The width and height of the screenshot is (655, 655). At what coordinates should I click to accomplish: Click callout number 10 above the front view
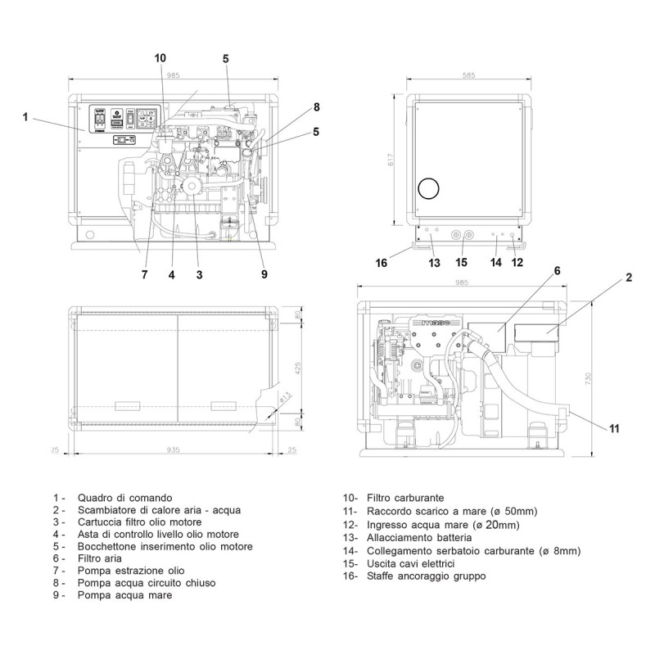pyautogui.click(x=160, y=57)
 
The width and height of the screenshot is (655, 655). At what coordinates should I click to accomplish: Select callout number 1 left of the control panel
pyautogui.click(x=25, y=117)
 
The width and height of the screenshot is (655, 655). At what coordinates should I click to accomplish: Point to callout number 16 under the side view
pyautogui.click(x=382, y=263)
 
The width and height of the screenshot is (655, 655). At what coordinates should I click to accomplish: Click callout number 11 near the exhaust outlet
pyautogui.click(x=615, y=427)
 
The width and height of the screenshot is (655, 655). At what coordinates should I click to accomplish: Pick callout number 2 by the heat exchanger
pyautogui.click(x=629, y=278)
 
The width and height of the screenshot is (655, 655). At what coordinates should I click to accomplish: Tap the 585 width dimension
pyautogui.click(x=468, y=76)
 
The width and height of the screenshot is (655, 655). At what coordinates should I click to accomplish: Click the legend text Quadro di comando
pyautogui.click(x=124, y=498)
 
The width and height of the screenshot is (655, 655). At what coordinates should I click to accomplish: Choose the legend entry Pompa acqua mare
pyautogui.click(x=124, y=595)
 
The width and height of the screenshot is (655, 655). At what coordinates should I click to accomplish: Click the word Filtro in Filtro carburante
pyautogui.click(x=390, y=498)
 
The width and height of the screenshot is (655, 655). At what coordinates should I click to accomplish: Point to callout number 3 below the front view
pyautogui.click(x=199, y=275)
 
